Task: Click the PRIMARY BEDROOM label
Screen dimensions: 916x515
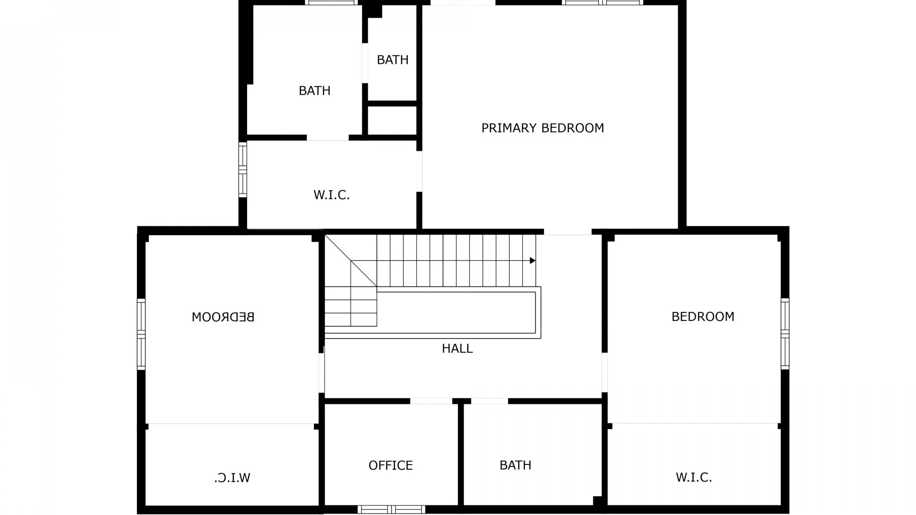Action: (x=542, y=128)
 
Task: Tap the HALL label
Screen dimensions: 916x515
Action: (x=457, y=349)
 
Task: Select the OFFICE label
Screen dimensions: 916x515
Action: (x=390, y=465)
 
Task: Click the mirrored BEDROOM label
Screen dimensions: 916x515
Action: (x=223, y=317)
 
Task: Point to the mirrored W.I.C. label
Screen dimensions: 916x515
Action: (x=232, y=477)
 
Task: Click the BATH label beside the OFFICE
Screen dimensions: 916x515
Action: (x=515, y=465)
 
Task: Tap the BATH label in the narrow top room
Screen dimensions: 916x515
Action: (x=393, y=60)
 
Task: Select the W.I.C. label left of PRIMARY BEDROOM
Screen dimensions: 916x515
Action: (x=332, y=195)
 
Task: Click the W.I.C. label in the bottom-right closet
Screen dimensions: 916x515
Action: (x=694, y=477)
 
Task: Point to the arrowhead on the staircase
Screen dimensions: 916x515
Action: (x=533, y=260)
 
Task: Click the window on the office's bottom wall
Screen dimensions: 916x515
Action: (x=391, y=509)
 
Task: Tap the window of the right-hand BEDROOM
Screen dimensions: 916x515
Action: (x=785, y=334)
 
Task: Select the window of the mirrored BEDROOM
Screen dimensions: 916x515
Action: (x=141, y=334)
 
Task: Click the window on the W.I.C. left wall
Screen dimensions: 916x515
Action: (x=243, y=170)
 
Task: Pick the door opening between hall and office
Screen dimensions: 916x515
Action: (x=431, y=401)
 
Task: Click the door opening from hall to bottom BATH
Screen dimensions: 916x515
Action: (x=489, y=401)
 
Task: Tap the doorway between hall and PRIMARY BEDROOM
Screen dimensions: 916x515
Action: (x=568, y=232)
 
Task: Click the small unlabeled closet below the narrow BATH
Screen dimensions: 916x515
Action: (x=393, y=120)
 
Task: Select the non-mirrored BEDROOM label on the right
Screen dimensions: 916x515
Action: (x=703, y=317)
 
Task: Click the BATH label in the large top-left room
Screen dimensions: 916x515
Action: (x=314, y=91)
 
